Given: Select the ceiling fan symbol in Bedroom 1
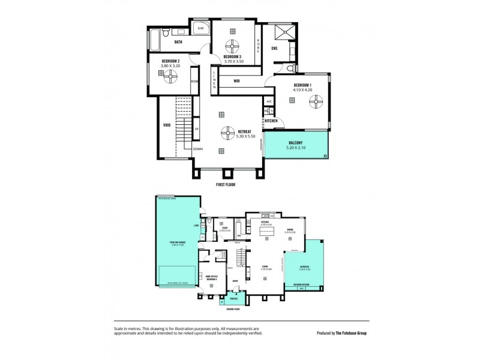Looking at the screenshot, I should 313,103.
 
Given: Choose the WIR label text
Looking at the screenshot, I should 237,80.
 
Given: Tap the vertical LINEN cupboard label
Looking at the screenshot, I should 214,80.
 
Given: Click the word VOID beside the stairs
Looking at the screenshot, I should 167,125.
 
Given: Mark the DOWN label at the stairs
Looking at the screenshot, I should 198,148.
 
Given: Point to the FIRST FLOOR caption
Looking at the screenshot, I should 226,185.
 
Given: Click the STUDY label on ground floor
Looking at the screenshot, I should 224,227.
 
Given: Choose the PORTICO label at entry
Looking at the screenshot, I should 233,298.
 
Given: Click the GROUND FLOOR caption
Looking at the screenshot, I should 233,310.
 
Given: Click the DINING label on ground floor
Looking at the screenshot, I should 290,229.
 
